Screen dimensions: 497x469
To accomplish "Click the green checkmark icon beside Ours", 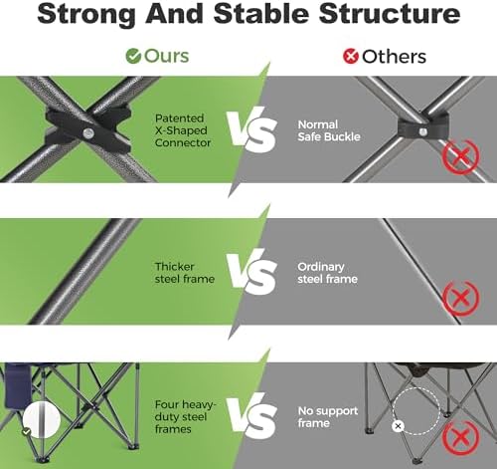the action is pyautogui.click(x=133, y=56).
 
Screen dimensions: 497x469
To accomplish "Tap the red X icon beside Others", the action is pyautogui.click(x=351, y=56).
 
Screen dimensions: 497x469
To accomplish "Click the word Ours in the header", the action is pyautogui.click(x=167, y=56).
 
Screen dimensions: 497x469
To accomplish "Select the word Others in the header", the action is pyautogui.click(x=395, y=57).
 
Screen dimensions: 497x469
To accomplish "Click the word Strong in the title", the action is pyautogui.click(x=86, y=14).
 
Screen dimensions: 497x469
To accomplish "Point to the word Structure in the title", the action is pyautogui.click(x=390, y=13).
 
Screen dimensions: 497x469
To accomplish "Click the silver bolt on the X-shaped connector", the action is pyautogui.click(x=88, y=133).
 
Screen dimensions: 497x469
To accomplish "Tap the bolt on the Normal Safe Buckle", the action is pyautogui.click(x=422, y=131).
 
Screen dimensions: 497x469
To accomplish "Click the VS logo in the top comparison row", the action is pyautogui.click(x=251, y=129).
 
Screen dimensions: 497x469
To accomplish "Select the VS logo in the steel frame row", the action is pyautogui.click(x=251, y=272).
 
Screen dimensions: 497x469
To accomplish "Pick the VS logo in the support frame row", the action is pyautogui.click(x=251, y=415).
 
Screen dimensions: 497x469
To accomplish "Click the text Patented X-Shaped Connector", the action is pyautogui.click(x=183, y=130).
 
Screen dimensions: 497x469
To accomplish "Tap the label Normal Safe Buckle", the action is pyautogui.click(x=329, y=130).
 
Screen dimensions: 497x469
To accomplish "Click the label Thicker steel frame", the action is pyautogui.click(x=185, y=273).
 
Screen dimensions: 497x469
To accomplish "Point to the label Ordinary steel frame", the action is pyautogui.click(x=327, y=273).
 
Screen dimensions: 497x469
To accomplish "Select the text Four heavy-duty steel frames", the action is pyautogui.click(x=185, y=416).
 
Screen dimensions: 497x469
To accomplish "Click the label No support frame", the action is pyautogui.click(x=327, y=416).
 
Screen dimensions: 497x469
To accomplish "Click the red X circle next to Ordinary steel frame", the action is pyautogui.click(x=460, y=298).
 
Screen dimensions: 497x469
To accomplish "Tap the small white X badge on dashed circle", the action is pyautogui.click(x=398, y=426).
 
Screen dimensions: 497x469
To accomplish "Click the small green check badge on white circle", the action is pyautogui.click(x=27, y=432).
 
